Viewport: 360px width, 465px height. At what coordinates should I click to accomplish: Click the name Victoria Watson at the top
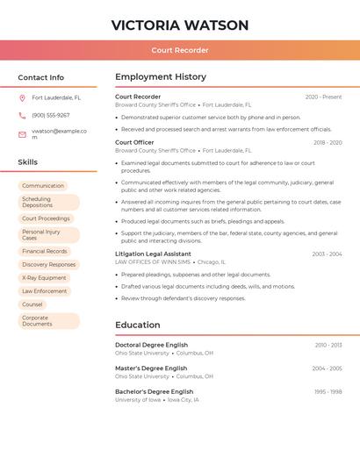180,25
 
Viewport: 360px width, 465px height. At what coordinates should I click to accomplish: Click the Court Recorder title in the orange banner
180,50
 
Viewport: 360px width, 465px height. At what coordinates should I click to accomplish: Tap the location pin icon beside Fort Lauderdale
22,98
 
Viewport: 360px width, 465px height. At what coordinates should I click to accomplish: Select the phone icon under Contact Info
22,116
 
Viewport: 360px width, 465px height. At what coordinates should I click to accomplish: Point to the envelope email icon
22,134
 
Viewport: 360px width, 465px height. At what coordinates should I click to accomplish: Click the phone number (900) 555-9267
51,116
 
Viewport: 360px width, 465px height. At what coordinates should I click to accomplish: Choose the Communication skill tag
43,186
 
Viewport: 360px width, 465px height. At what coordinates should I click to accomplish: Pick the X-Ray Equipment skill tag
44,278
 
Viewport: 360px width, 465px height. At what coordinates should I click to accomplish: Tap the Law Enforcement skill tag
45,291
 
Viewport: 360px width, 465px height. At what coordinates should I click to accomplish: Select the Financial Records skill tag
45,251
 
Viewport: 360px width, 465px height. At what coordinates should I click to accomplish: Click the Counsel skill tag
32,304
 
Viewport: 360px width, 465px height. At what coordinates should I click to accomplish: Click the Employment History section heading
161,77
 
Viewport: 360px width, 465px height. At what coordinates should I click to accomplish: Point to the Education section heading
138,325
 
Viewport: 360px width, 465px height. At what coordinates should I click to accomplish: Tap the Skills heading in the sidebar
28,162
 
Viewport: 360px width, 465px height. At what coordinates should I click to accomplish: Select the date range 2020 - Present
323,97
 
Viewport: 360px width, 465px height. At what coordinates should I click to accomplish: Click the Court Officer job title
134,142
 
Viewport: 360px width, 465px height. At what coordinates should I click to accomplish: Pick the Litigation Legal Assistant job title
153,254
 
